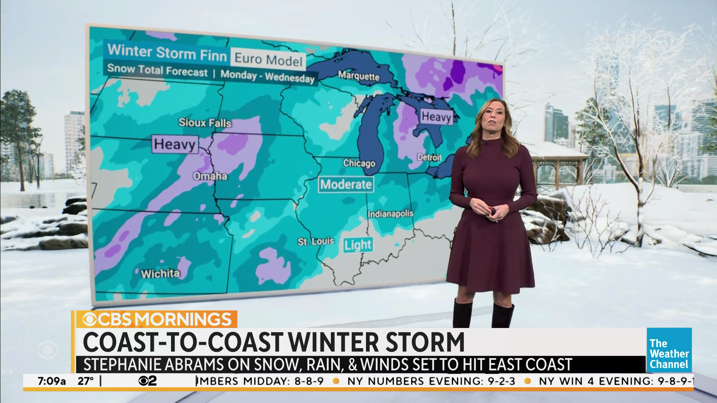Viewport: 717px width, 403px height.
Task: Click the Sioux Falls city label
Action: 205,122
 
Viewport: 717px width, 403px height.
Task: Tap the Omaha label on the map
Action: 210,176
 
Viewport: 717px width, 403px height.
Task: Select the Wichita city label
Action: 160,274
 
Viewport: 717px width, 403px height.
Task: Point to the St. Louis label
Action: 316,241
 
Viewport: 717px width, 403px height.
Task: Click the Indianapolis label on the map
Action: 390,214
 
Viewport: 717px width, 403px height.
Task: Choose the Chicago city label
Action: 359,163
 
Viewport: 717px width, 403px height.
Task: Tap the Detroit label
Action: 429,157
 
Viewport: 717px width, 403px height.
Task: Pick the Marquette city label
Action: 358,76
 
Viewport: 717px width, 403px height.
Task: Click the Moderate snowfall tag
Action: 346,184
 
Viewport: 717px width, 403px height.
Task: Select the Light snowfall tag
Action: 358,245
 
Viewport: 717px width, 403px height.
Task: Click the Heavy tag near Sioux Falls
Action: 174,144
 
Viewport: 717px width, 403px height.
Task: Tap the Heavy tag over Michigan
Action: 436,117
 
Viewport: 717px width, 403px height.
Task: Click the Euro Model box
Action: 268,59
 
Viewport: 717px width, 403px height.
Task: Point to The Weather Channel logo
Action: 669,350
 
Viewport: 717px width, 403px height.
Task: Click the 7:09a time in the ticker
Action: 52,381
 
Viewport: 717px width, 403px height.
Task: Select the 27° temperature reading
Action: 86,381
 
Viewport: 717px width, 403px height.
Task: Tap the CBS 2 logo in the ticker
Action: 148,381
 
